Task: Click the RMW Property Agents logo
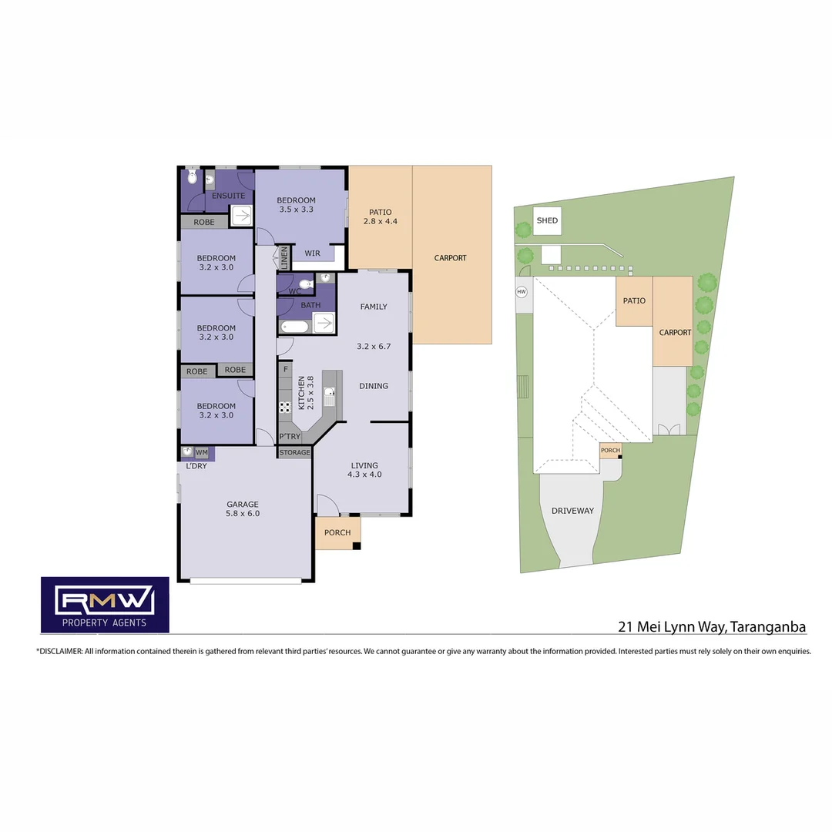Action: pyautogui.click(x=105, y=604)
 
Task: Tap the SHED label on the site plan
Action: pyautogui.click(x=547, y=221)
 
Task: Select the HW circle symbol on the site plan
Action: pyautogui.click(x=522, y=292)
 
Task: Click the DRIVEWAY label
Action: pyautogui.click(x=572, y=511)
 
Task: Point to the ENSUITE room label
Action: pyautogui.click(x=228, y=196)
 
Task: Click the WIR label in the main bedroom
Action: pyautogui.click(x=312, y=253)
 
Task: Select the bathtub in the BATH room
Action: pyautogui.click(x=294, y=326)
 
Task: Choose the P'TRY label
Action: pyautogui.click(x=290, y=437)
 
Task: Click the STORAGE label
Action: pyautogui.click(x=294, y=452)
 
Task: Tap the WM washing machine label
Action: pyautogui.click(x=201, y=453)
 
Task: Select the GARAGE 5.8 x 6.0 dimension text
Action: pyautogui.click(x=242, y=513)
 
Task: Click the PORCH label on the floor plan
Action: pyautogui.click(x=337, y=532)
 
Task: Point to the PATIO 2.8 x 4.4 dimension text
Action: pyautogui.click(x=380, y=222)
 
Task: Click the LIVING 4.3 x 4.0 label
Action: pyautogui.click(x=364, y=470)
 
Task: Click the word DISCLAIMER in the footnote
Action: pyautogui.click(x=60, y=651)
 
